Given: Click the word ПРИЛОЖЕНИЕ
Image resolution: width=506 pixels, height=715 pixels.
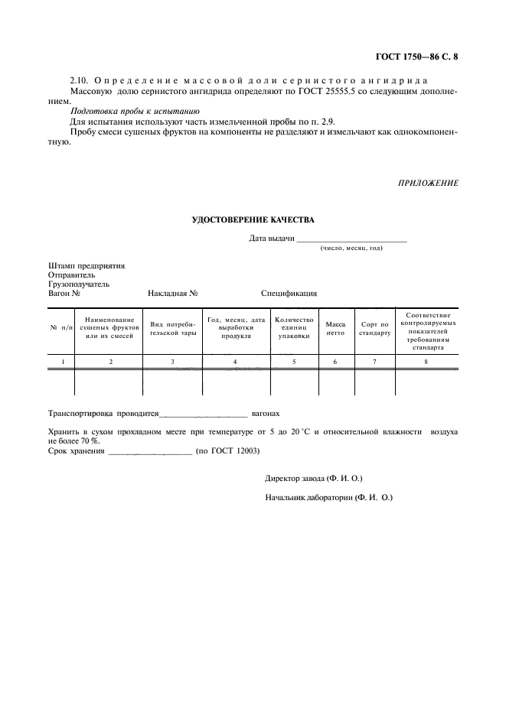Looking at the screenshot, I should [x=428, y=183].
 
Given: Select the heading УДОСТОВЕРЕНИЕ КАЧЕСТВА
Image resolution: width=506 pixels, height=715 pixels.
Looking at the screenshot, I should [x=253, y=220].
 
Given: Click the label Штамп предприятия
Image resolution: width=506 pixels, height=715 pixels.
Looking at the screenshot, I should [x=87, y=266].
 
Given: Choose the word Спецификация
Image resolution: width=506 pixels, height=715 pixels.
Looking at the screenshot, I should [x=289, y=293].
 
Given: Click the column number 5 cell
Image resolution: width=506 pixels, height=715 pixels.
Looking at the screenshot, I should [x=294, y=361].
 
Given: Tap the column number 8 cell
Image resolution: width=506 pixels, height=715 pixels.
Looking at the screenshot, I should [x=426, y=361].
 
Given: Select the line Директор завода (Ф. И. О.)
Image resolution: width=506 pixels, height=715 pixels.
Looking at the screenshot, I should [x=314, y=479].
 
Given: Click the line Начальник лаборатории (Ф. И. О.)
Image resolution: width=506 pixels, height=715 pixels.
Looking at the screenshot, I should [x=328, y=497].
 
